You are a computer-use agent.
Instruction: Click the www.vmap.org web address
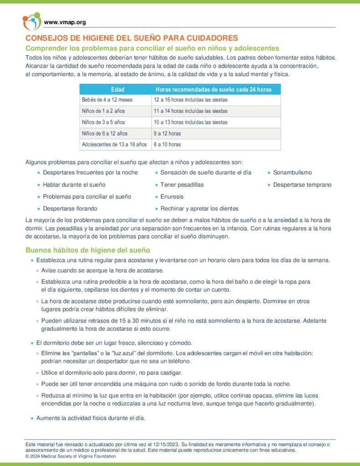click(65, 22)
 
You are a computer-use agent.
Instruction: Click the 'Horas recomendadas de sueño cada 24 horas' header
click(213, 90)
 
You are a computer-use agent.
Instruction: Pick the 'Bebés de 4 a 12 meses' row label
click(107, 100)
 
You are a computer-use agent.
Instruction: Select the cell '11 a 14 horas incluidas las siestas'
click(191, 111)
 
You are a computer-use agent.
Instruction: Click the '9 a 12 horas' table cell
click(167, 133)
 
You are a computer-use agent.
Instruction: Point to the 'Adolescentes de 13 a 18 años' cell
click(114, 145)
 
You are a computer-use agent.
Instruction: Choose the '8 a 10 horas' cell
click(167, 145)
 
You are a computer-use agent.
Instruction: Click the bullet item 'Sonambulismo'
click(292, 173)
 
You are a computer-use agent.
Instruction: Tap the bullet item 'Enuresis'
click(172, 197)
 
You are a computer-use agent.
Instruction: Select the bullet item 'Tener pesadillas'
click(182, 185)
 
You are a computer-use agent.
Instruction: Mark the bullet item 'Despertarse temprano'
click(302, 185)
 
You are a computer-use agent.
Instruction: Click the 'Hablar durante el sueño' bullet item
click(74, 185)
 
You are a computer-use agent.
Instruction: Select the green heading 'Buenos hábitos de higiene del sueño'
click(88, 250)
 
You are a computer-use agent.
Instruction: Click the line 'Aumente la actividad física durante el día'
click(91, 418)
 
